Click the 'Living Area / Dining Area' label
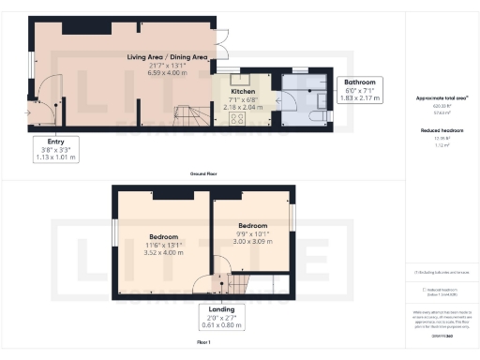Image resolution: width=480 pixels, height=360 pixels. pyautogui.click(x=167, y=58)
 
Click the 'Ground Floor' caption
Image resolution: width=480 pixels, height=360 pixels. pyautogui.click(x=203, y=174)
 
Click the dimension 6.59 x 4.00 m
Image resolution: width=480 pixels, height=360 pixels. pyautogui.click(x=167, y=73)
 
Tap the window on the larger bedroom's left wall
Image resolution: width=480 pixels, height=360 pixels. pyautogui.click(x=114, y=240)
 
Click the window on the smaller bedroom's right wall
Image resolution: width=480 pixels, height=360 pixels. pyautogui.click(x=293, y=216)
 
